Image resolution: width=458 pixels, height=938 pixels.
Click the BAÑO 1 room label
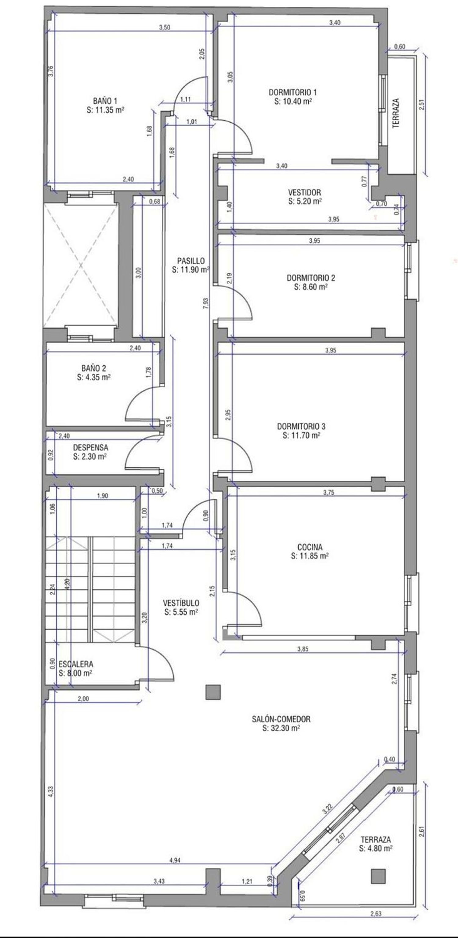105,101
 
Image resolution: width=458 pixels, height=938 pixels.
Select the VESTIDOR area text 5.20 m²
305,201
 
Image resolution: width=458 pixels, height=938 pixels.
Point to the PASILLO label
191,261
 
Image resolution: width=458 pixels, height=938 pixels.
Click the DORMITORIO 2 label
311,278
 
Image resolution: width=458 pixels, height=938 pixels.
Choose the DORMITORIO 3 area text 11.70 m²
301,435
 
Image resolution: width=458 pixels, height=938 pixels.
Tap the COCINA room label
310,547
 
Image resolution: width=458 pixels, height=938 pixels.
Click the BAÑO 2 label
94,368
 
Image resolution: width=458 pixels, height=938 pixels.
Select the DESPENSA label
91,448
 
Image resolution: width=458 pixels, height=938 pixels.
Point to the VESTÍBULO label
181,603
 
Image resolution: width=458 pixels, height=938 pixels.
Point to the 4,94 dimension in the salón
175,860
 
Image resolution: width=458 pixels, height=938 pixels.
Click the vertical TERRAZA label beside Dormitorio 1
396,113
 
